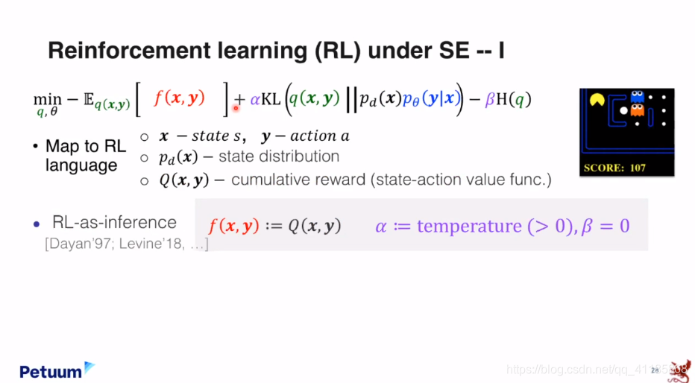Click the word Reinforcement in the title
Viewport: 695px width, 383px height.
pyautogui.click(x=129, y=51)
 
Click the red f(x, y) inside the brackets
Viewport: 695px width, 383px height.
pyautogui.click(x=180, y=98)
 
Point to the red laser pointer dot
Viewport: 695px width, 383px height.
pyautogui.click(x=236, y=107)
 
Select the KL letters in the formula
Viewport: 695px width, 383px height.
pyautogui.click(x=271, y=99)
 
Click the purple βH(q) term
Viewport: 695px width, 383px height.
pyautogui.click(x=508, y=100)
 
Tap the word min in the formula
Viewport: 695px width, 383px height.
pyautogui.click(x=48, y=100)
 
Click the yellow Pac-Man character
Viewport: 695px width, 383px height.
pyautogui.click(x=597, y=100)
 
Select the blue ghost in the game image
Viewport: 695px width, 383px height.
pyautogui.click(x=637, y=97)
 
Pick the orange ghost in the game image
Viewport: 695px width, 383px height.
pyautogui.click(x=637, y=110)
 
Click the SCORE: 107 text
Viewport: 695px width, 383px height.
pyautogui.click(x=614, y=168)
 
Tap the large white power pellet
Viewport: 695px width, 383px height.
pyautogui.click(x=623, y=111)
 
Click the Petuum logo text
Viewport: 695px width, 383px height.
pyautogui.click(x=51, y=372)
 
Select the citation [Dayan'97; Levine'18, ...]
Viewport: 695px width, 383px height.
pyautogui.click(x=127, y=244)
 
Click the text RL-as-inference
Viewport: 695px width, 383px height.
pyautogui.click(x=114, y=222)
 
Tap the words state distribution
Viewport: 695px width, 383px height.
pyautogui.click(x=279, y=156)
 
